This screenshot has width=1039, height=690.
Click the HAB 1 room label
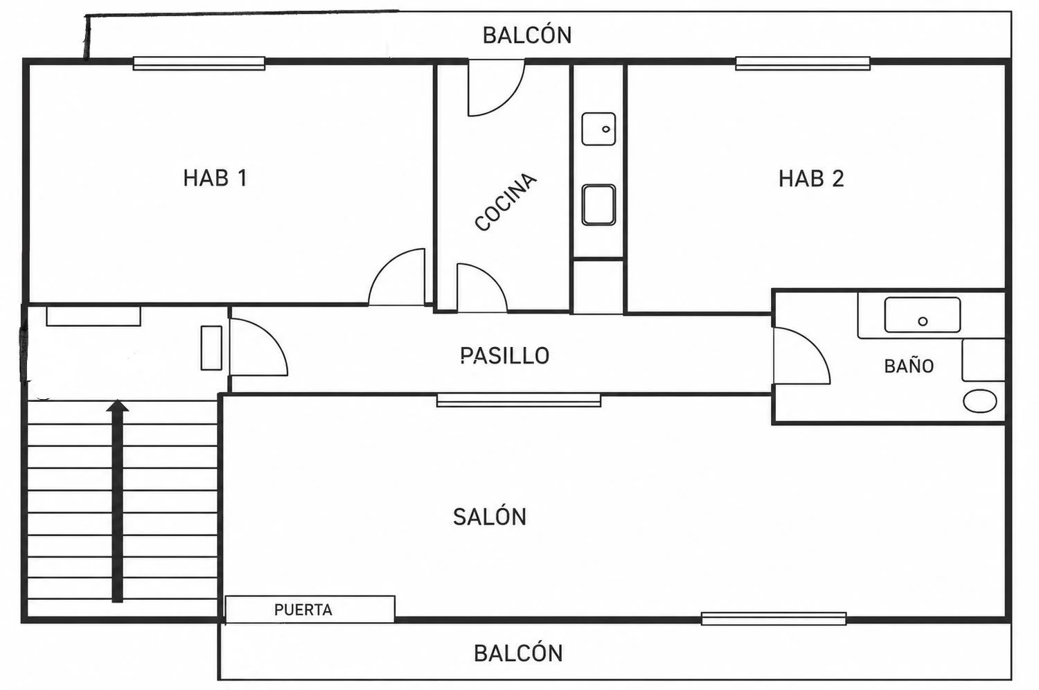tap(215, 178)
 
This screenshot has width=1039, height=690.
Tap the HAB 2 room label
tap(811, 179)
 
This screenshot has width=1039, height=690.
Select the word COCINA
tap(506, 202)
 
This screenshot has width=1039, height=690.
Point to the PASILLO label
tap(505, 356)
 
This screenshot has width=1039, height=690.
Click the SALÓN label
tap(490, 517)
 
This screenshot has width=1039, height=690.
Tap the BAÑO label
tap(909, 366)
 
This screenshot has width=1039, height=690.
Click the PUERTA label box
tap(310, 609)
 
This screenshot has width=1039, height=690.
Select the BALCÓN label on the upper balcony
tap(527, 35)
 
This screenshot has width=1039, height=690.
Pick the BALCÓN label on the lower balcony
tap(518, 653)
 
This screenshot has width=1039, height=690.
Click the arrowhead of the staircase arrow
tap(117, 406)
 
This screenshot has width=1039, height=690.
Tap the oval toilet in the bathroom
tap(980, 401)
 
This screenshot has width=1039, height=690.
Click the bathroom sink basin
tap(923, 315)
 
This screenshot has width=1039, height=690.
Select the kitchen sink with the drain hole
tap(599, 129)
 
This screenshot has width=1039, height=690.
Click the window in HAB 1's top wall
tap(199, 64)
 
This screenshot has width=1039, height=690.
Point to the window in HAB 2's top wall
tap(803, 64)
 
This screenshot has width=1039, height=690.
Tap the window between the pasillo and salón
tap(519, 400)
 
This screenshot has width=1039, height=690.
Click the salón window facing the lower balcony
tap(774, 619)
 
